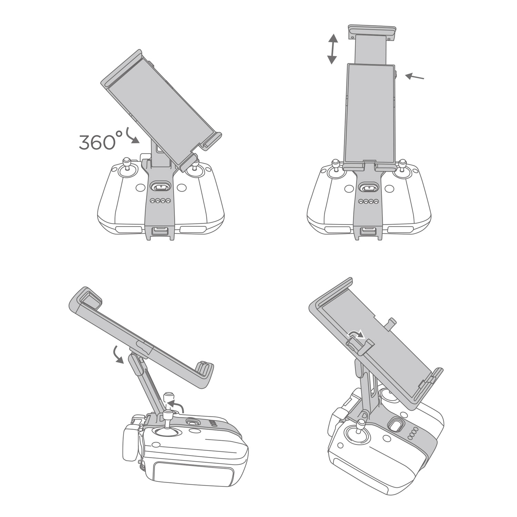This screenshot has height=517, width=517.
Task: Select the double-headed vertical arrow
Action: coord(332,49)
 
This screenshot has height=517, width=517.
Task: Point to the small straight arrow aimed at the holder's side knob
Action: coord(414,77)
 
